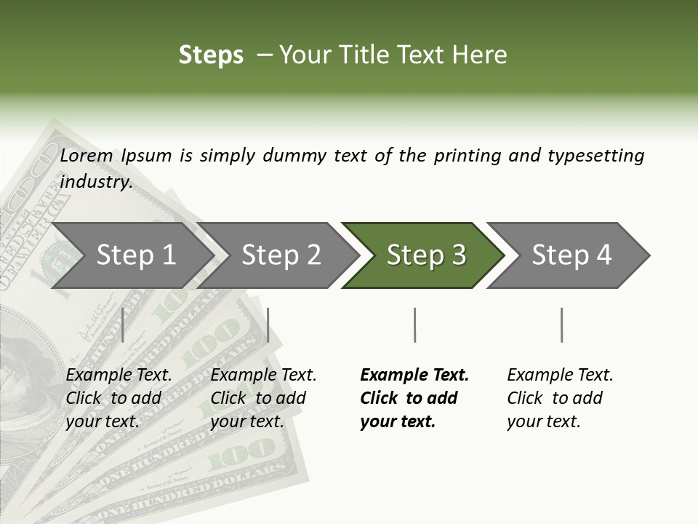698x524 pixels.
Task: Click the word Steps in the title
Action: [x=211, y=55]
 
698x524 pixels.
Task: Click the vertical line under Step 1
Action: [x=123, y=325]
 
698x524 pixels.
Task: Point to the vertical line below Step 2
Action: [x=268, y=325]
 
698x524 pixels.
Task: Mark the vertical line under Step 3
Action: [x=414, y=325]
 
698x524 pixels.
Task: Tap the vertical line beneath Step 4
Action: [x=562, y=325]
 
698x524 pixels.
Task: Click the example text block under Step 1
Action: [x=119, y=398]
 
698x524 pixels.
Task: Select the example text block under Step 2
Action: [x=263, y=398]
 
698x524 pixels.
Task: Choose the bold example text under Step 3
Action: [x=414, y=398]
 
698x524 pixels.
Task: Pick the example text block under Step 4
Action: [x=560, y=398]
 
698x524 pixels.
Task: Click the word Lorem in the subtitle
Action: [x=87, y=156]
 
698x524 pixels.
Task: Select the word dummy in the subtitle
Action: [x=295, y=156]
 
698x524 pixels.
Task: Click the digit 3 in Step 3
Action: [x=458, y=255]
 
